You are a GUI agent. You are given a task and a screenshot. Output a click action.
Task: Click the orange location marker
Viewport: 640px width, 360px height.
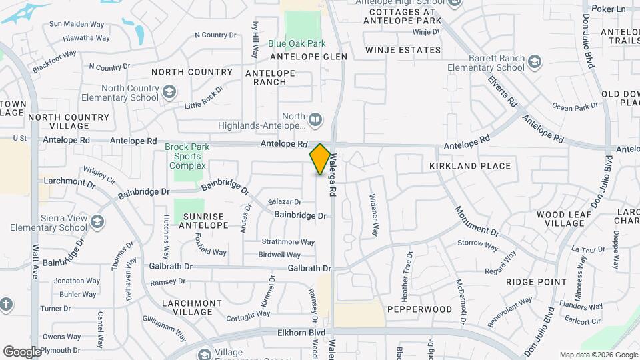320,159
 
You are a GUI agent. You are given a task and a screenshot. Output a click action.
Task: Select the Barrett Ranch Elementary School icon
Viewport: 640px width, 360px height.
534,62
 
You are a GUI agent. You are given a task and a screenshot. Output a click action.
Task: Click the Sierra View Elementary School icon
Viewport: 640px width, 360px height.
97,221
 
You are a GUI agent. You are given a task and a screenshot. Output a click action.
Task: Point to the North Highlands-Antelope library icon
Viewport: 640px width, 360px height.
315,120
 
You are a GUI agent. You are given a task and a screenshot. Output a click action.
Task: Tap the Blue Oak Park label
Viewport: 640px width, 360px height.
297,44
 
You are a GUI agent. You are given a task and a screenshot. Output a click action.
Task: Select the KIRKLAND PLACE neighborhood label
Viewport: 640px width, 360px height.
470,166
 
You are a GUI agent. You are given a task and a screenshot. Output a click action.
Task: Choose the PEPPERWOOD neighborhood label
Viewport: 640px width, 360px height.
420,309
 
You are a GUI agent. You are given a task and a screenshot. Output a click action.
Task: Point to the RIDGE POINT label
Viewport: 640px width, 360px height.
536,282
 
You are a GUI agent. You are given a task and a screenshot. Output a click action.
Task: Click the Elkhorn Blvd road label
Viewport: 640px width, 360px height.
301,331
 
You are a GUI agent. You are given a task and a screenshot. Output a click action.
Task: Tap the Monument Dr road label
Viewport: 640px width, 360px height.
477,221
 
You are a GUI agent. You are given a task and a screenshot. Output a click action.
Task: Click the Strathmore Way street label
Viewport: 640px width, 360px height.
288,242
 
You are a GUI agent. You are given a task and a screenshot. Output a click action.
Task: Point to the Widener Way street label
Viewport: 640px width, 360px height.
374,215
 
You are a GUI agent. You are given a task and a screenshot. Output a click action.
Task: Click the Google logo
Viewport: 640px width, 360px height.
22,351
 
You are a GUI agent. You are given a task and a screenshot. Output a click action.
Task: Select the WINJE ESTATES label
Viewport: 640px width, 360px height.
403,50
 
